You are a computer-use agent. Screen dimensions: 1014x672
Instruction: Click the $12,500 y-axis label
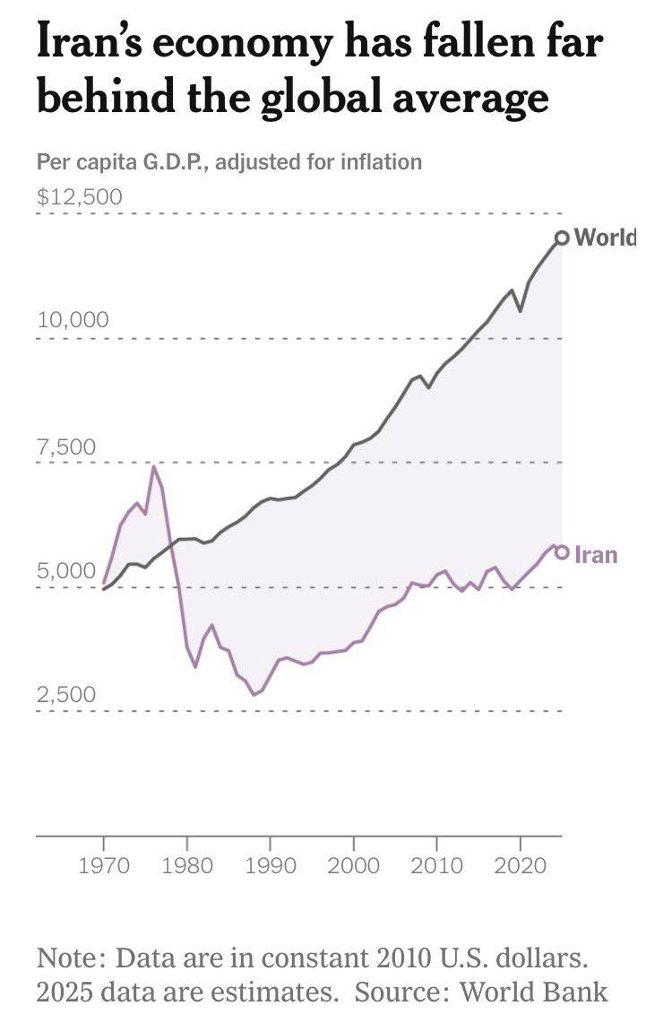[80, 196]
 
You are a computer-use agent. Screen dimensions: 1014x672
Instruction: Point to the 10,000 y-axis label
[73, 320]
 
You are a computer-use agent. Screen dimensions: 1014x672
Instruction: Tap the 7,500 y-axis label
[67, 446]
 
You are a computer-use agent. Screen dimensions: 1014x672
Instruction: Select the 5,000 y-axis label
[67, 570]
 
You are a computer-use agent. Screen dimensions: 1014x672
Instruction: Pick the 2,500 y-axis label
[67, 695]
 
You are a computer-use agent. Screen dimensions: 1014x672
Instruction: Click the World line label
[604, 237]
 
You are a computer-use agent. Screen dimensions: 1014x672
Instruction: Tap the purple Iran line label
[596, 554]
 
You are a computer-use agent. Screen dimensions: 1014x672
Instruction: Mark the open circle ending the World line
[562, 238]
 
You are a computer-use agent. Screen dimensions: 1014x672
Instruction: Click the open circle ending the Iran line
[562, 552]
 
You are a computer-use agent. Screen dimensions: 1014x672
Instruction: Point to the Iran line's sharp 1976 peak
[154, 466]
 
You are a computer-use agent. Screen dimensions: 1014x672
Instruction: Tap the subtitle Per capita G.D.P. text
[122, 162]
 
